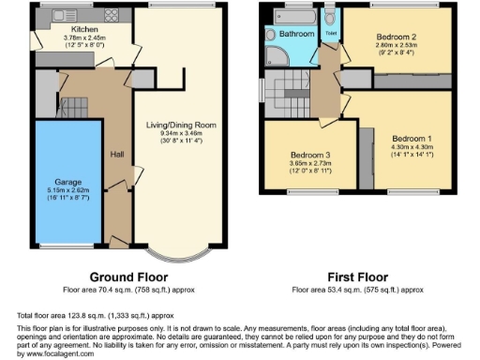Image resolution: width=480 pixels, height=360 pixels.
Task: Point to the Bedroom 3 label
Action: [307, 154]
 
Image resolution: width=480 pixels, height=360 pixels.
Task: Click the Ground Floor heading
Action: [129, 278]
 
